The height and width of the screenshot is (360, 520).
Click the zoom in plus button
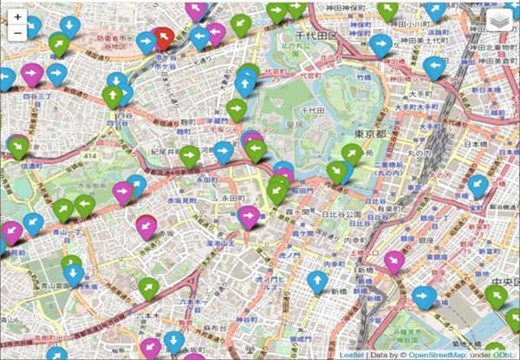point(18,16)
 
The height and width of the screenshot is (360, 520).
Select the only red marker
point(162,36)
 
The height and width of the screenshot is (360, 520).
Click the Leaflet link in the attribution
point(350,354)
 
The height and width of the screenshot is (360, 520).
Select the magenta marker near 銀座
point(394,260)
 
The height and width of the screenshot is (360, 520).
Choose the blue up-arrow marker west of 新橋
point(318,280)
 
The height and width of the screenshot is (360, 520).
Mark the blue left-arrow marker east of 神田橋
point(434,65)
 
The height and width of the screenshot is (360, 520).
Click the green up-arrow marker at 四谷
point(112,94)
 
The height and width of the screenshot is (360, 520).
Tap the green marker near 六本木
point(149,286)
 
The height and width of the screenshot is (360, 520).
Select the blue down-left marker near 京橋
point(478,184)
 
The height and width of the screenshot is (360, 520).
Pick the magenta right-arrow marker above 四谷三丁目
point(32,73)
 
